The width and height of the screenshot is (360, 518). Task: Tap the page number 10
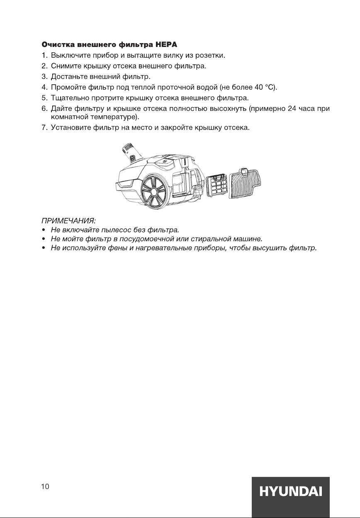point(45,487)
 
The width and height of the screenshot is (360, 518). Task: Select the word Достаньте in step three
point(69,77)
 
